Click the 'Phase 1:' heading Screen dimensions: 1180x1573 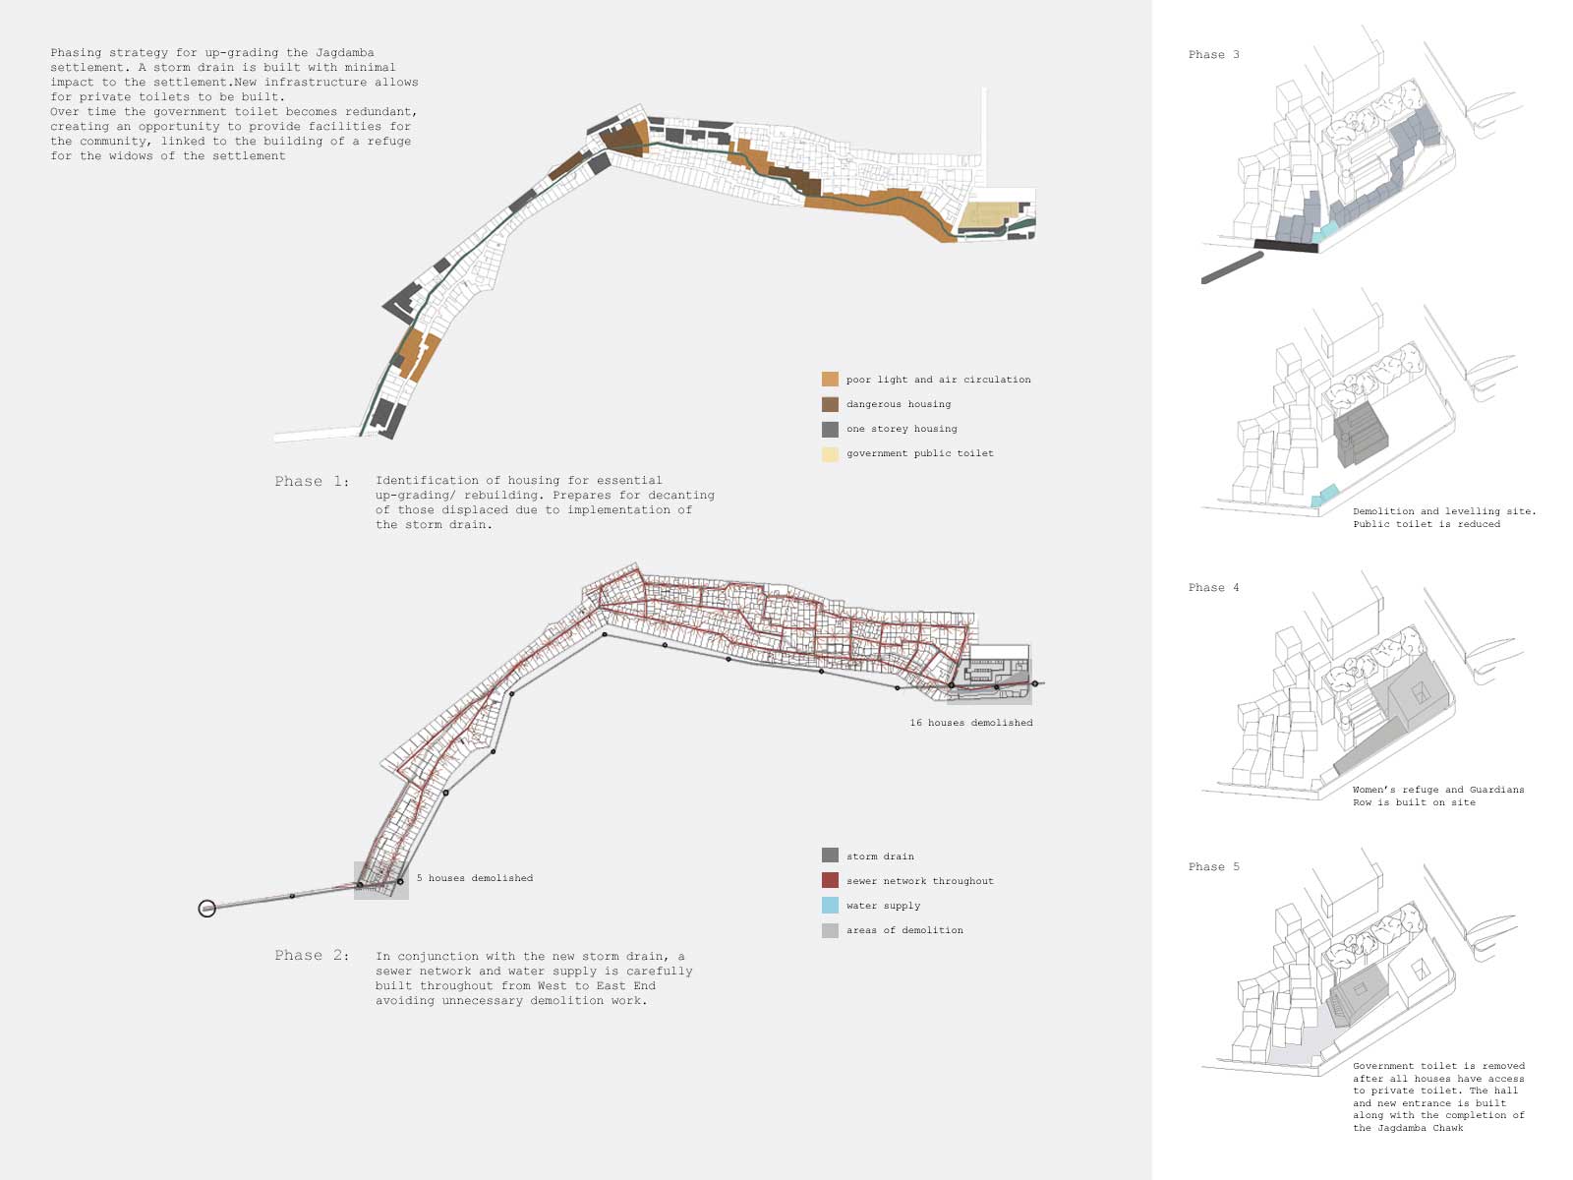click(312, 482)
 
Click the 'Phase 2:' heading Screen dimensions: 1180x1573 click(312, 956)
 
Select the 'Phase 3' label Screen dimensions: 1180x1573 click(1213, 55)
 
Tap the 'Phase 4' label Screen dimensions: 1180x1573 click(1213, 588)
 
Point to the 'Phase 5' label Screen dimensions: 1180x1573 click(1213, 867)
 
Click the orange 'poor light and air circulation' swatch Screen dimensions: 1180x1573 click(830, 380)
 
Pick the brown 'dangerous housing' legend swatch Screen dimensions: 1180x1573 click(830, 404)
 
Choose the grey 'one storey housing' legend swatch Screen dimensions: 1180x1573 click(830, 429)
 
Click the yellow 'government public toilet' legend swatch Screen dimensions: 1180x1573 click(830, 453)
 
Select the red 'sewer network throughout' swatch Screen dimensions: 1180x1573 click(830, 881)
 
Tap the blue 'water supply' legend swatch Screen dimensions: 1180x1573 click(830, 906)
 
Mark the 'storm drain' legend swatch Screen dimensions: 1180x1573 click(830, 856)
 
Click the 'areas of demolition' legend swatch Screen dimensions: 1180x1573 click(830, 930)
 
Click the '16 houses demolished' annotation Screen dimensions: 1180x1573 click(970, 723)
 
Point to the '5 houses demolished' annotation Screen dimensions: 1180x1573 click(474, 878)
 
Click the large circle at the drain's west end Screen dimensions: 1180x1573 click(206, 909)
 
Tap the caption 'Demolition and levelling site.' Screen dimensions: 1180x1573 click(1443, 511)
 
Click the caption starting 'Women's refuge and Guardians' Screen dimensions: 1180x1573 click(1437, 790)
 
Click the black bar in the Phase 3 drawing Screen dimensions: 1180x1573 click(1285, 246)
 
